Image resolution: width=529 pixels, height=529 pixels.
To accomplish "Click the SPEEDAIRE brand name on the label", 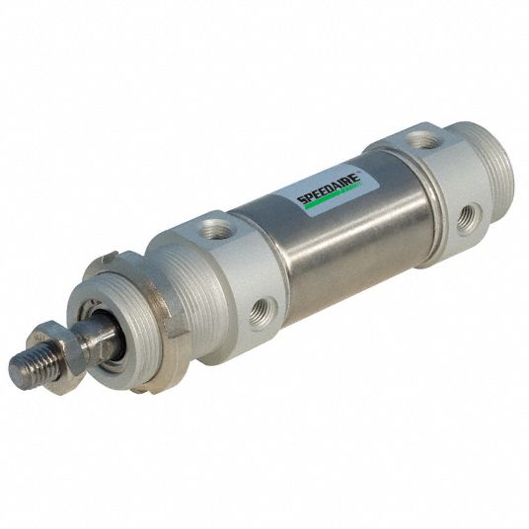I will click(x=329, y=185).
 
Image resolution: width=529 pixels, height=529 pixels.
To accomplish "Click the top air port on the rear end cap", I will click(x=423, y=141).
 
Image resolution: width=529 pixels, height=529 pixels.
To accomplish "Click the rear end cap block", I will click(x=434, y=188).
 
